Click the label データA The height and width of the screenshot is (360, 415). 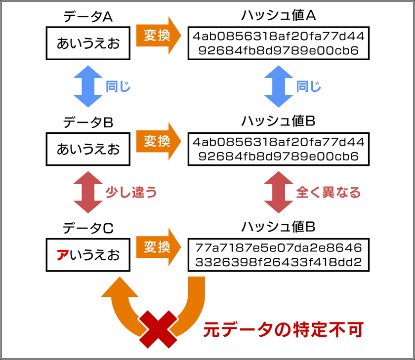tap(88, 17)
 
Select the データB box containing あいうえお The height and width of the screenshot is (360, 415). tap(88, 149)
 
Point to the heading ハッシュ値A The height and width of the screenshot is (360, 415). tap(278, 16)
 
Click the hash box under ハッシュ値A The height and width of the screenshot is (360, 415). tap(279, 43)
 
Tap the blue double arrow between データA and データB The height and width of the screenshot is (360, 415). tap(86, 86)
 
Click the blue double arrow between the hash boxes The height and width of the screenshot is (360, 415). tap(278, 86)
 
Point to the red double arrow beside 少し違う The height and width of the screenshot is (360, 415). tap(86, 192)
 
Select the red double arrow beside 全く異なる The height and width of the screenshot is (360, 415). tap(278, 192)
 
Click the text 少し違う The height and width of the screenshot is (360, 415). tap(131, 192)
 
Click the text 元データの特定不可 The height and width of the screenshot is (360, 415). tap(284, 329)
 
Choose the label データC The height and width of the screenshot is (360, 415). tap(88, 228)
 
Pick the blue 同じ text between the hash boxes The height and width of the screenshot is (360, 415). tap(309, 86)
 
